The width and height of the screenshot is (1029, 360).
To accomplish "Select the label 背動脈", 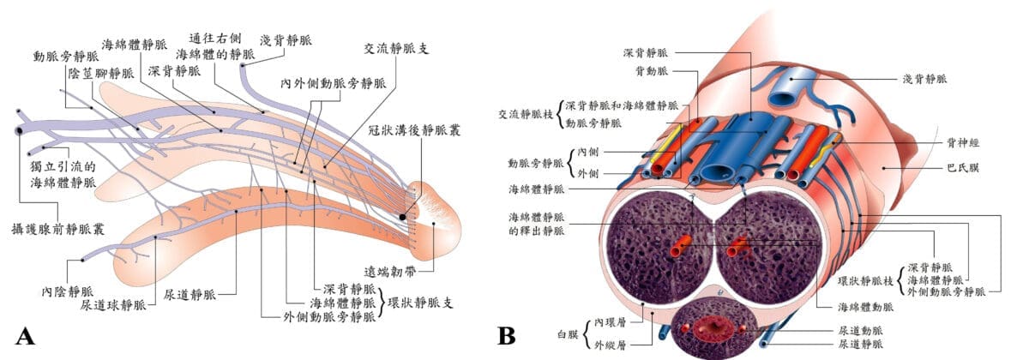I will pyautogui.click(x=651, y=71).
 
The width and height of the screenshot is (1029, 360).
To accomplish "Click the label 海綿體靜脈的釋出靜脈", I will pyautogui.click(x=537, y=224).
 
